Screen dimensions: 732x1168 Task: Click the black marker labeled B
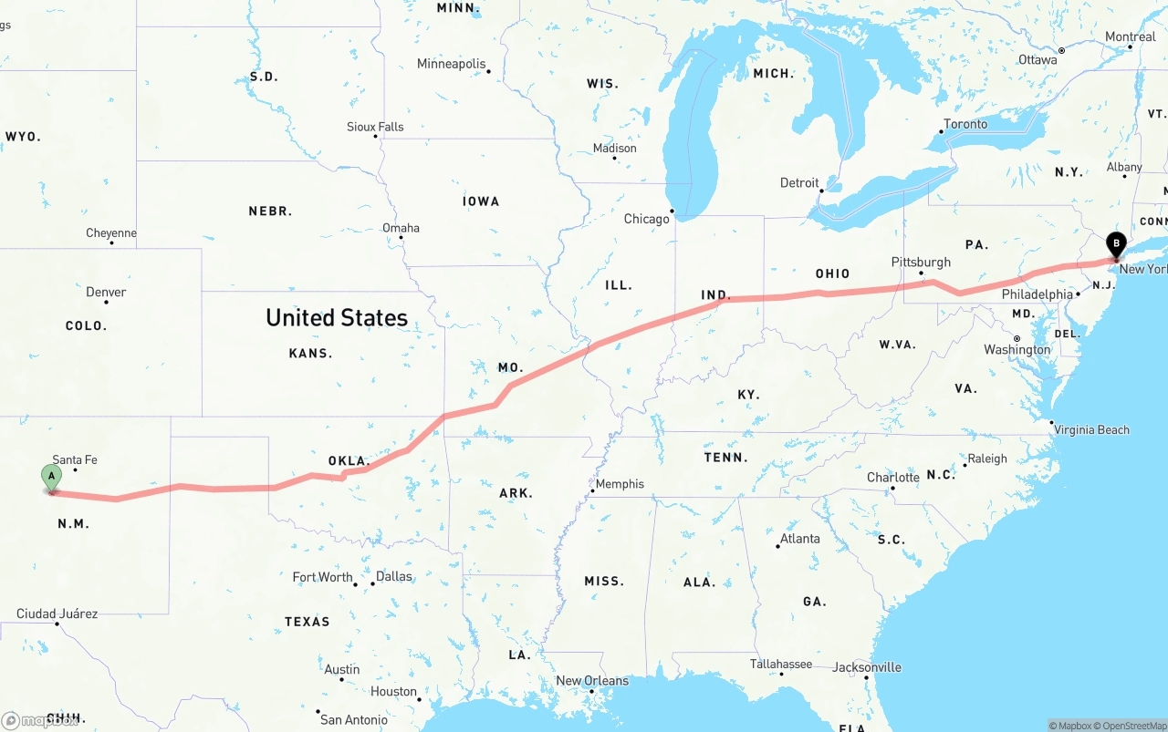pyautogui.click(x=1115, y=244)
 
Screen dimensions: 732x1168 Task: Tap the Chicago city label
pyautogui.click(x=646, y=219)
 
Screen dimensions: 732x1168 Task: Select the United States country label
pyautogui.click(x=337, y=317)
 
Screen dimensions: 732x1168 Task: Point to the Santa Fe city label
pyautogui.click(x=74, y=459)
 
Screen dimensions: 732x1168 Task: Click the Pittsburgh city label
pyautogui.click(x=921, y=262)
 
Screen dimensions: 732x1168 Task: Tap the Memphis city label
pyautogui.click(x=620, y=484)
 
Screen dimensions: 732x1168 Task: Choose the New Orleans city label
pyautogui.click(x=592, y=680)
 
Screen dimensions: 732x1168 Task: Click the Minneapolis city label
pyautogui.click(x=452, y=64)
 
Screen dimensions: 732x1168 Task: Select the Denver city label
pyautogui.click(x=106, y=292)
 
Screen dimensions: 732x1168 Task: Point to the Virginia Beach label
pyautogui.click(x=1091, y=429)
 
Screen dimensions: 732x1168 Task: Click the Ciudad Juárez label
pyautogui.click(x=57, y=613)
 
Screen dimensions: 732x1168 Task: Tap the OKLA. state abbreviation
pyautogui.click(x=349, y=460)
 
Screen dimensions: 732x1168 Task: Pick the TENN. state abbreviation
pyautogui.click(x=725, y=457)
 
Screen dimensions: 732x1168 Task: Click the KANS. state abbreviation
pyautogui.click(x=310, y=353)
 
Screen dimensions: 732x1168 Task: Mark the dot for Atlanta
pyautogui.click(x=778, y=546)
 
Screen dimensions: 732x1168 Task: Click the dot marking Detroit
pyautogui.click(x=821, y=191)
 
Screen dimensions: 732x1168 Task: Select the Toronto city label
pyautogui.click(x=965, y=124)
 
